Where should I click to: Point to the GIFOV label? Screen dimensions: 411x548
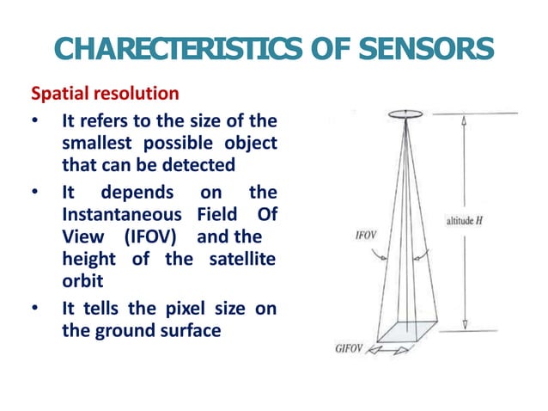[352, 348]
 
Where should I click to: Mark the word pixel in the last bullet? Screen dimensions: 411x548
[175, 307]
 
